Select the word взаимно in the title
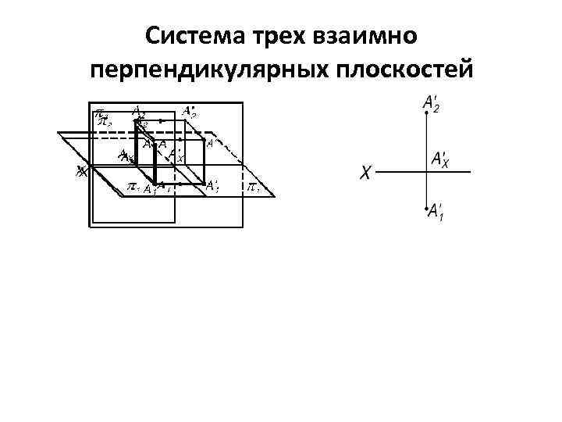pos(369,37)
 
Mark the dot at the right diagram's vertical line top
pos(426,113)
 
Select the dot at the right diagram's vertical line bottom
pos(426,207)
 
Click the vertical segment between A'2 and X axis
pos(426,141)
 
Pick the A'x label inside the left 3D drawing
pos(177,155)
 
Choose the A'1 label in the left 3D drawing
pos(212,186)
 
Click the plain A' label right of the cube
pos(210,143)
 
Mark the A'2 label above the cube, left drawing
pos(188,112)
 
